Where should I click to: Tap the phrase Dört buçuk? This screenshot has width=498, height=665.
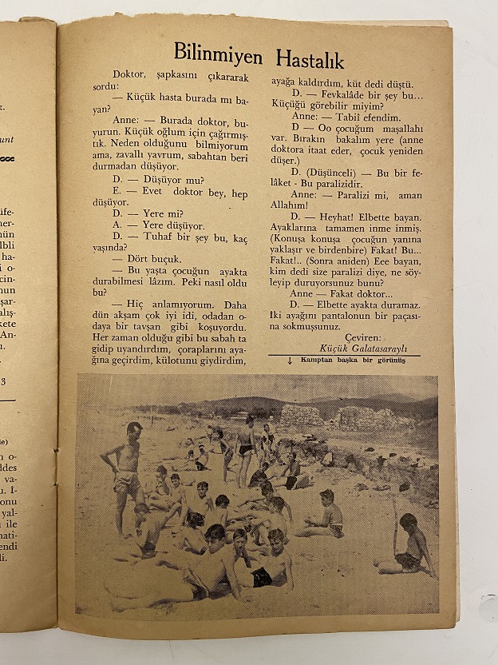point(155,258)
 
